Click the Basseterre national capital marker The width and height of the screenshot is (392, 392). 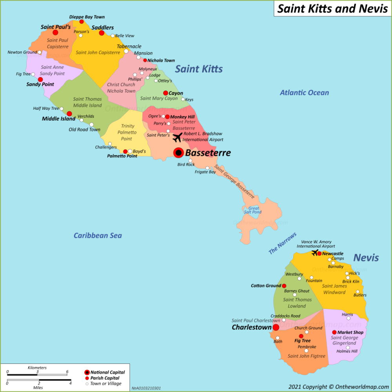click(178, 152)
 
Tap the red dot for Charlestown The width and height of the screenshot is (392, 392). click(276, 327)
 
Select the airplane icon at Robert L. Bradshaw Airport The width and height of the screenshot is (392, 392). click(177, 137)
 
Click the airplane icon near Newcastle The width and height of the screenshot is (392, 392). click(315, 252)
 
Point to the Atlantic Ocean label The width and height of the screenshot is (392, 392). click(304, 93)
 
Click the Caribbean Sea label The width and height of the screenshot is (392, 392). click(98, 236)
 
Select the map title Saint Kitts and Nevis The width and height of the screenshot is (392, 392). click(332, 9)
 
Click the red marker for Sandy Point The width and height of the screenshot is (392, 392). click(40, 79)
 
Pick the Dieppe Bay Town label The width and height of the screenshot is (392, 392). click(87, 17)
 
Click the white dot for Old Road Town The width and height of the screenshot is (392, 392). click(92, 125)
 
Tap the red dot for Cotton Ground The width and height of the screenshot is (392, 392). click(284, 286)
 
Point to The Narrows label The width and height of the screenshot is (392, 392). click(282, 243)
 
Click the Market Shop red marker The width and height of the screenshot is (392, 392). click(334, 332)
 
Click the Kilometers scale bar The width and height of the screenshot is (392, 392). click(37, 374)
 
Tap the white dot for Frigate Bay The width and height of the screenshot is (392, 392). click(207, 168)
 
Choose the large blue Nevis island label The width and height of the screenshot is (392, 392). click(366, 258)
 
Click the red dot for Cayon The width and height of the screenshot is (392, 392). click(165, 93)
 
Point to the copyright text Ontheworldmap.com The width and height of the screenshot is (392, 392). click(338, 386)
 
